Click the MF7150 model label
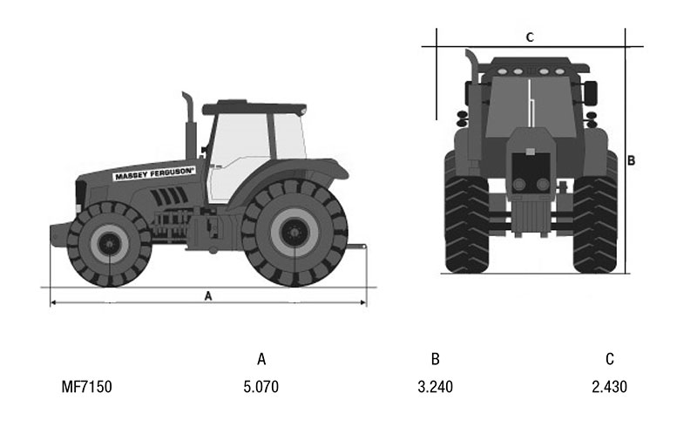[86, 387]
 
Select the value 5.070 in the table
[261, 387]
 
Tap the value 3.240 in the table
[435, 387]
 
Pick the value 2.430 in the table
[609, 387]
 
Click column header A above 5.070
[261, 359]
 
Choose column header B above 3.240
[435, 359]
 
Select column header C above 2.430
[610, 359]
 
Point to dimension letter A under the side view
[208, 295]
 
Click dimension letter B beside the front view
[631, 160]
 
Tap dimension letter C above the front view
[530, 37]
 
